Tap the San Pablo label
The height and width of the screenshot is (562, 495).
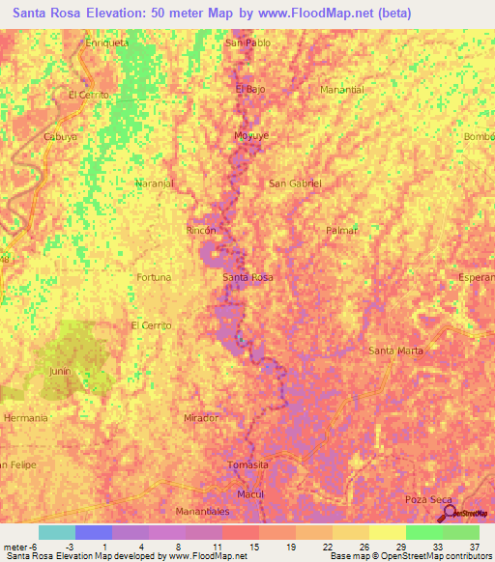click(247, 43)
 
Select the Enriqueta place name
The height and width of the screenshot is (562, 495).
click(107, 43)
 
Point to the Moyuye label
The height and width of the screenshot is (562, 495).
click(250, 136)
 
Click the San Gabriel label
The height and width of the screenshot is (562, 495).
click(295, 183)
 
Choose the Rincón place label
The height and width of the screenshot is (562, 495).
click(201, 231)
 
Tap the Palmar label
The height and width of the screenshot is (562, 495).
click(342, 231)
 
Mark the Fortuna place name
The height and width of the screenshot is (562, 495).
click(154, 277)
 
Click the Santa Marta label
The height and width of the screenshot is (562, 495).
click(396, 350)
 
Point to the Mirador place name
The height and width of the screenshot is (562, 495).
click(201, 418)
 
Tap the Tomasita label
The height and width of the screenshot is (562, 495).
click(247, 464)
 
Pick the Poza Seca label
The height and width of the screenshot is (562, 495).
click(429, 499)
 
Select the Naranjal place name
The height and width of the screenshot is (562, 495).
click(154, 183)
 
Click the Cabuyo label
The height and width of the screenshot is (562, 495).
click(60, 137)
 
